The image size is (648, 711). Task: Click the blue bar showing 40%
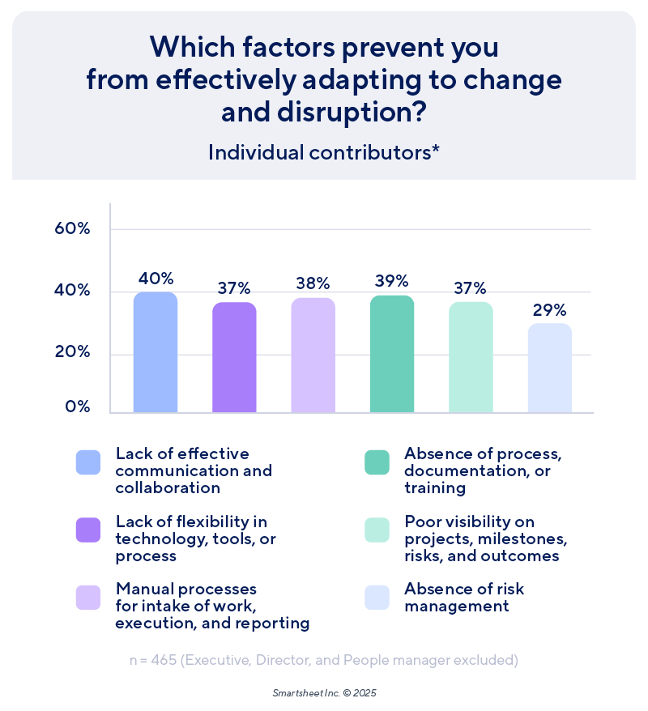[155, 352]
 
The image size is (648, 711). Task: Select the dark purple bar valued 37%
[234, 357]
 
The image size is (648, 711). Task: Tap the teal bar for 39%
[392, 354]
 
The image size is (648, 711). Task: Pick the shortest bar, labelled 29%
[550, 368]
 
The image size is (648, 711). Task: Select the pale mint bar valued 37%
[471, 357]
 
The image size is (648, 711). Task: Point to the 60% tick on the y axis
[71, 228]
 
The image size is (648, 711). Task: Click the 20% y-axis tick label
[71, 353]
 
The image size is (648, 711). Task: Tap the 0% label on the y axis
[77, 407]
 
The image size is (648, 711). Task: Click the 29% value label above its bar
[550, 310]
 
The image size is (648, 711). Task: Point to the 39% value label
[392, 281]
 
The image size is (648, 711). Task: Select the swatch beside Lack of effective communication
[87, 462]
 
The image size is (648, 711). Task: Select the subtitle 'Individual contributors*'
[324, 152]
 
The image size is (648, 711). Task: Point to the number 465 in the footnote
[162, 660]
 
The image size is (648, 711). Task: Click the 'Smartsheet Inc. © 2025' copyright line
[324, 694]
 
